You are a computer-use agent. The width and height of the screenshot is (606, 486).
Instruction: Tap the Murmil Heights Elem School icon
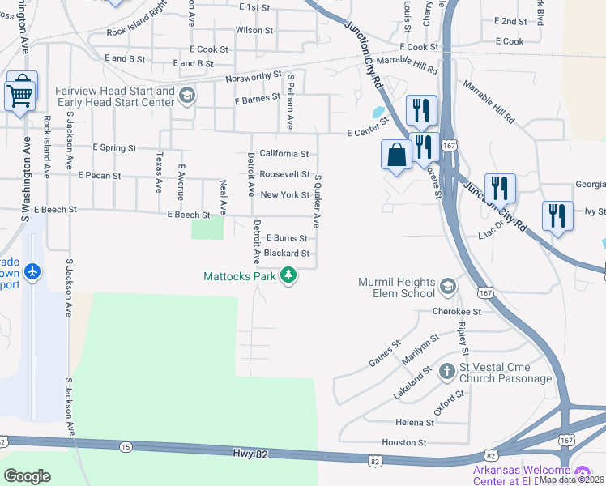447,286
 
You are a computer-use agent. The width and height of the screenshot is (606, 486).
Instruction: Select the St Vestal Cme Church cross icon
446,372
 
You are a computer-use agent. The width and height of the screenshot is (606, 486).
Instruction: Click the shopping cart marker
21,92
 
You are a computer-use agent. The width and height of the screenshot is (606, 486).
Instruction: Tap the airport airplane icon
32,271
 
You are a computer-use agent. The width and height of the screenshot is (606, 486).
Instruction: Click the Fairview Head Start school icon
187,96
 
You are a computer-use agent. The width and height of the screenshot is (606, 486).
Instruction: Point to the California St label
284,154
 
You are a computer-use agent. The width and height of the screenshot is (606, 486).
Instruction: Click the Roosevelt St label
284,174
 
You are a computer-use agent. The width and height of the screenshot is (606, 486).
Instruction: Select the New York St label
284,195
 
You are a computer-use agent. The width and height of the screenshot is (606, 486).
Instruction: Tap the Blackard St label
287,254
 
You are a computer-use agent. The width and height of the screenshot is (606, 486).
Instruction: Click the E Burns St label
286,239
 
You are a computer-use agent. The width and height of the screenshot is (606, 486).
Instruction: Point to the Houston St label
405,443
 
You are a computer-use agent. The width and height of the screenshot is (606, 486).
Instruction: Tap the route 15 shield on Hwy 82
125,447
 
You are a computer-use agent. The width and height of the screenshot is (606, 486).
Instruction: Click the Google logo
27,475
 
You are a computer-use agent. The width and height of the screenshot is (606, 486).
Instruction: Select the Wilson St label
254,30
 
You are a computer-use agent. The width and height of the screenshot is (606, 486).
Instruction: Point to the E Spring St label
114,148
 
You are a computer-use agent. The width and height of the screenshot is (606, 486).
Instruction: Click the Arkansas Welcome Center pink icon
582,473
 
